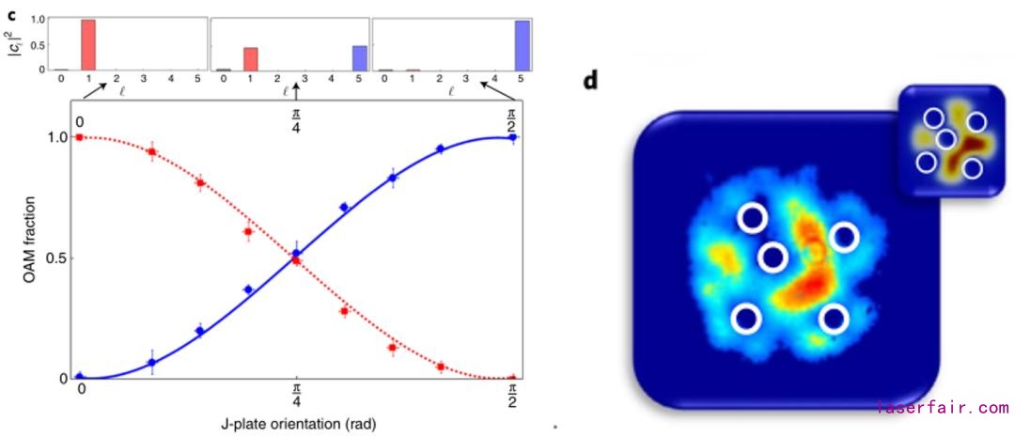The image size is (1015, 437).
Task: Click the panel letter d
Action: click(591, 79)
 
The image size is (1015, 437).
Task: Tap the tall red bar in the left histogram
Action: click(88, 44)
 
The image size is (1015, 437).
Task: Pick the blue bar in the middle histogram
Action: click(359, 57)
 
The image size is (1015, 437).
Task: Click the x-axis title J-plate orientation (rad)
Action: click(296, 421)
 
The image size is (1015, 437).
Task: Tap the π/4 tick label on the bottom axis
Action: click(297, 394)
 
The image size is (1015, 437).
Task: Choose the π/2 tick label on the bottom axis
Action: click(512, 394)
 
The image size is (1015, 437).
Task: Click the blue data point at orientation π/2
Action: click(512, 137)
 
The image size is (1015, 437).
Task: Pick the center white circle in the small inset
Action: click(946, 139)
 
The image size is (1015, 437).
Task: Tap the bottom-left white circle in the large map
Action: click(747, 319)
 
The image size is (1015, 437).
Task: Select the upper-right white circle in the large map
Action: click(844, 237)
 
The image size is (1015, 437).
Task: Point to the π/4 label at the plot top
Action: click(297, 117)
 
